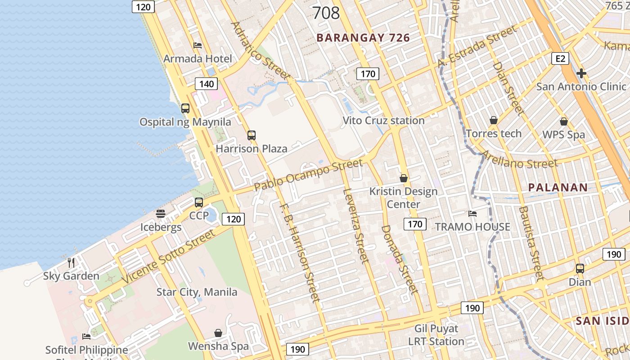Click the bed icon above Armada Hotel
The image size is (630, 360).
pos(197,45)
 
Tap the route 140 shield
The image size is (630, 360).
pos(207,84)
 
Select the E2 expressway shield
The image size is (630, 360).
pos(560,58)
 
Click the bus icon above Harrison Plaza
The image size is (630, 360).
pos(251,135)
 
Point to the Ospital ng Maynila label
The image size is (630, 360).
pos(185,122)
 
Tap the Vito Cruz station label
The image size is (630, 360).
pos(383,121)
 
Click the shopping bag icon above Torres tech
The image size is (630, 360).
pos(494,120)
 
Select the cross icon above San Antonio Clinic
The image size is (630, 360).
pos(581,73)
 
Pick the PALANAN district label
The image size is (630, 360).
pos(558,188)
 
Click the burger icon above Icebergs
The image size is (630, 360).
pos(161,214)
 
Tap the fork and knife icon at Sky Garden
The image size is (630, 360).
pos(71,262)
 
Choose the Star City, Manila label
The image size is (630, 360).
pos(197,292)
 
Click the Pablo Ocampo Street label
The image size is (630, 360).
pos(308,175)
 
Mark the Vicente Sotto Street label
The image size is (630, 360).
pos(169,256)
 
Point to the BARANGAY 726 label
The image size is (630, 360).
pos(363,38)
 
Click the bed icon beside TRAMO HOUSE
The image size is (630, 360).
pos(472,213)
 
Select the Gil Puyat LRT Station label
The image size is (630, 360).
pos(436,335)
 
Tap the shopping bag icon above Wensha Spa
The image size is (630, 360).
pos(218,333)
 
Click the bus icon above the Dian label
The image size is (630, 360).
pos(580,269)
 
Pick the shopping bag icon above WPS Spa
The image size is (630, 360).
pos(563,121)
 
